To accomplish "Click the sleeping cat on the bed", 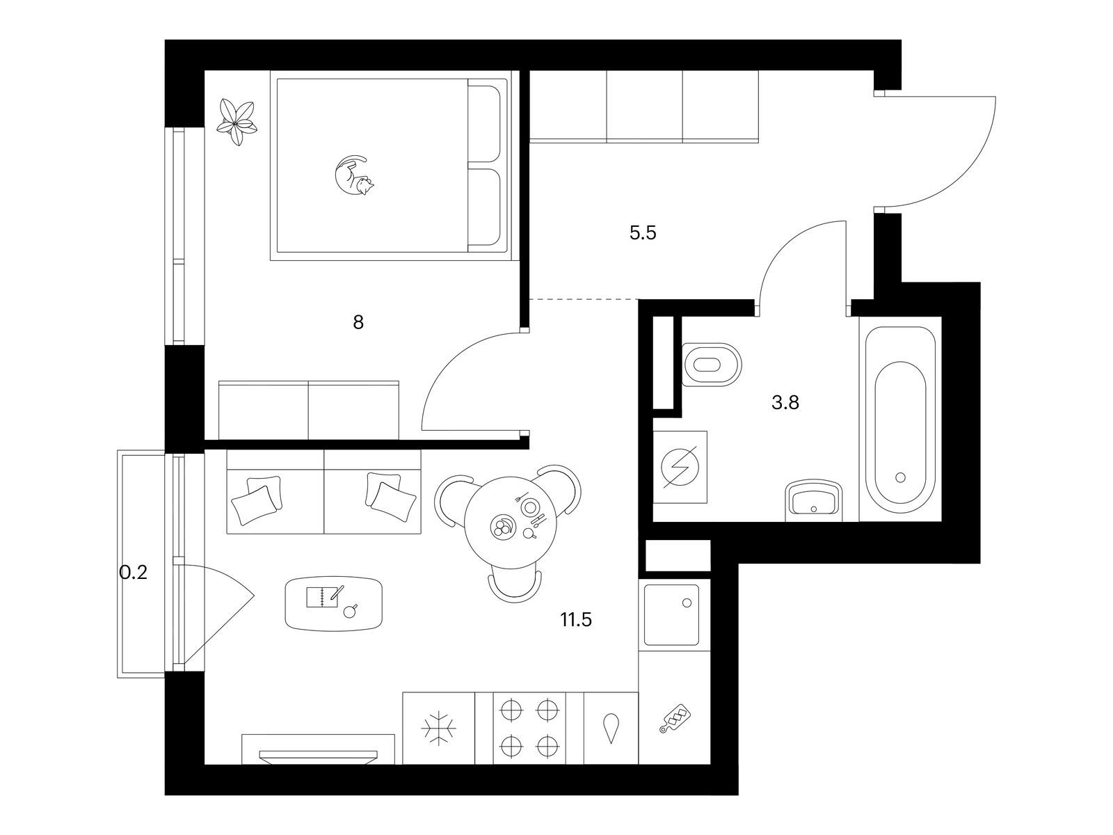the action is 353,175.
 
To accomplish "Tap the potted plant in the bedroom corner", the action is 236,122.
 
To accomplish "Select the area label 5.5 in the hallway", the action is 643,233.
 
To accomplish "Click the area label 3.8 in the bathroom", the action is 785,403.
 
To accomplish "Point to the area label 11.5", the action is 576,619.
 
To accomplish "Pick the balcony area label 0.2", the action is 133,573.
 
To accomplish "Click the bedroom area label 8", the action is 358,322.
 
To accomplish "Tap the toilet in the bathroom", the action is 712,365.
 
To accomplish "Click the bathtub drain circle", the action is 901,477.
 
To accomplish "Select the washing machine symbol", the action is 680,467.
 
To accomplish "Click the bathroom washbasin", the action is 814,500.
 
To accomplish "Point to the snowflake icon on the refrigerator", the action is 439,729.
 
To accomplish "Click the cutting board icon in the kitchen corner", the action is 675,718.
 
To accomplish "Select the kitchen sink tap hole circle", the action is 687,603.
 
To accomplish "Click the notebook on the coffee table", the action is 322,597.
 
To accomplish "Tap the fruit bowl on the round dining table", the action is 502,526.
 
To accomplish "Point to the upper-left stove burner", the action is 511,710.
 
